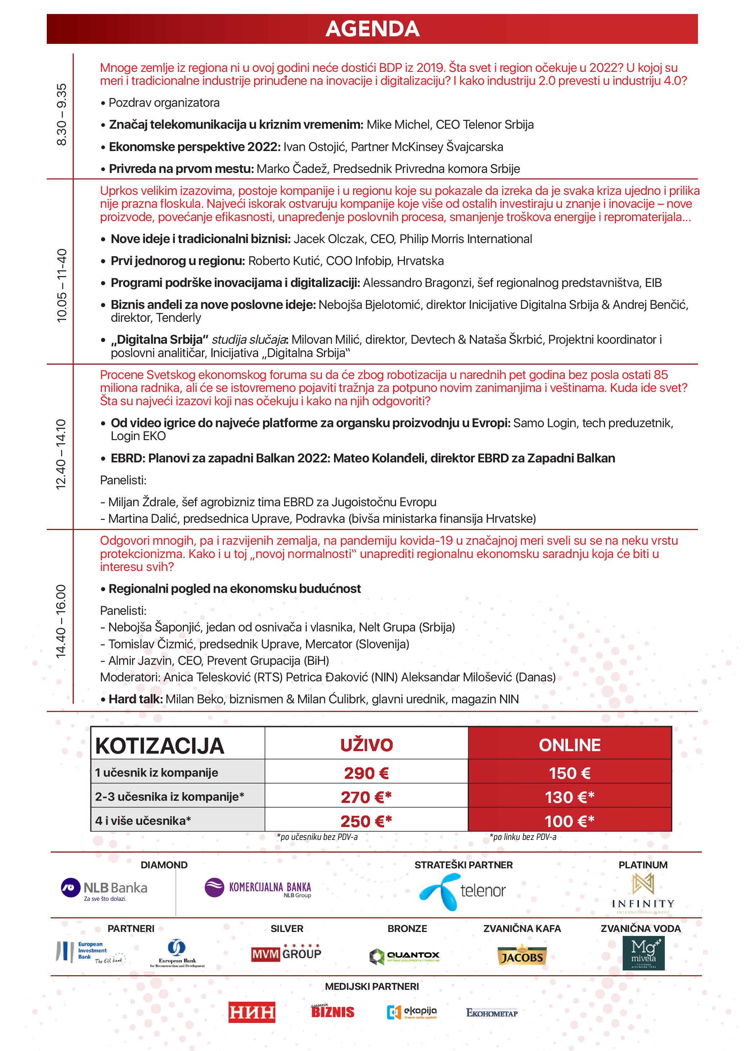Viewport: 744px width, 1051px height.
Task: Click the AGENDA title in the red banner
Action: (x=372, y=29)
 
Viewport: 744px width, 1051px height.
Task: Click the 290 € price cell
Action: (x=366, y=773)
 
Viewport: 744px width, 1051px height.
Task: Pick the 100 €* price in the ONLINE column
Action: (x=569, y=821)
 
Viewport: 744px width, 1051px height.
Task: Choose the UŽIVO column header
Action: (x=366, y=745)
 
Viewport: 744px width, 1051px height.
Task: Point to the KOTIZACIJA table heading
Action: (x=159, y=746)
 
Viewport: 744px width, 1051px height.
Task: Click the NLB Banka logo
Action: (x=104, y=889)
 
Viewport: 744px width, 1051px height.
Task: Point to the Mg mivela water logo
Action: (x=643, y=954)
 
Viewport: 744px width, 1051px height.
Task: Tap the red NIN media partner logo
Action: (x=252, y=1012)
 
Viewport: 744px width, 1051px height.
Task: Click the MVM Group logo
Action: (x=286, y=954)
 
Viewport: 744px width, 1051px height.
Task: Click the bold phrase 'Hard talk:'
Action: (x=136, y=699)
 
